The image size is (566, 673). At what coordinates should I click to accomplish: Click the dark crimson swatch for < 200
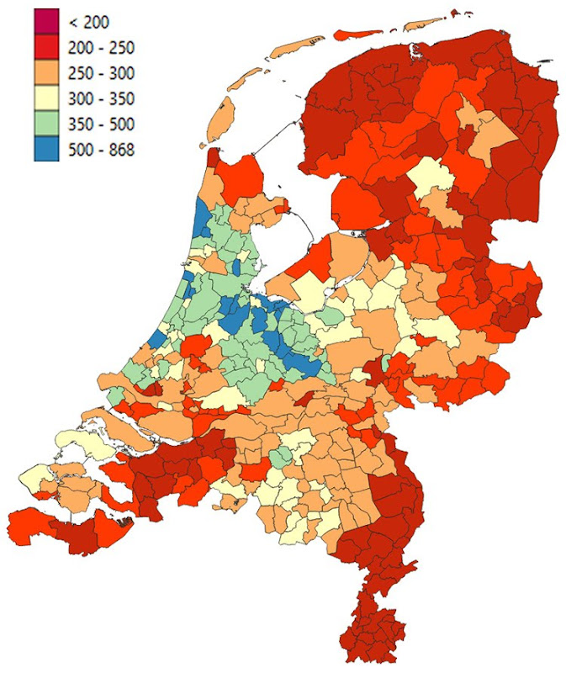(46, 21)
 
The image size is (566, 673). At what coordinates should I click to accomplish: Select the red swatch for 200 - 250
(46, 47)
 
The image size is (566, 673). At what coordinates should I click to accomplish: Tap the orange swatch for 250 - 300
(46, 73)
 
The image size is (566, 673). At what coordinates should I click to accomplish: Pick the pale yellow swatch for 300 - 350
(46, 99)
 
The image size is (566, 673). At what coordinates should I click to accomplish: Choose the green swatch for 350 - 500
(46, 125)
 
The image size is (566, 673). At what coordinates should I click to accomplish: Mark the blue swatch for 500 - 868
(46, 151)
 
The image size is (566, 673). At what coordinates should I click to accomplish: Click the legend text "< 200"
(91, 21)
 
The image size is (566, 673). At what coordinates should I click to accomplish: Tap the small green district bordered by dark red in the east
(386, 363)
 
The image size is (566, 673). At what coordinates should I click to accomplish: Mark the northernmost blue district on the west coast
(203, 220)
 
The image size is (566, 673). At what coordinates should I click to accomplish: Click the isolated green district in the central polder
(333, 316)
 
